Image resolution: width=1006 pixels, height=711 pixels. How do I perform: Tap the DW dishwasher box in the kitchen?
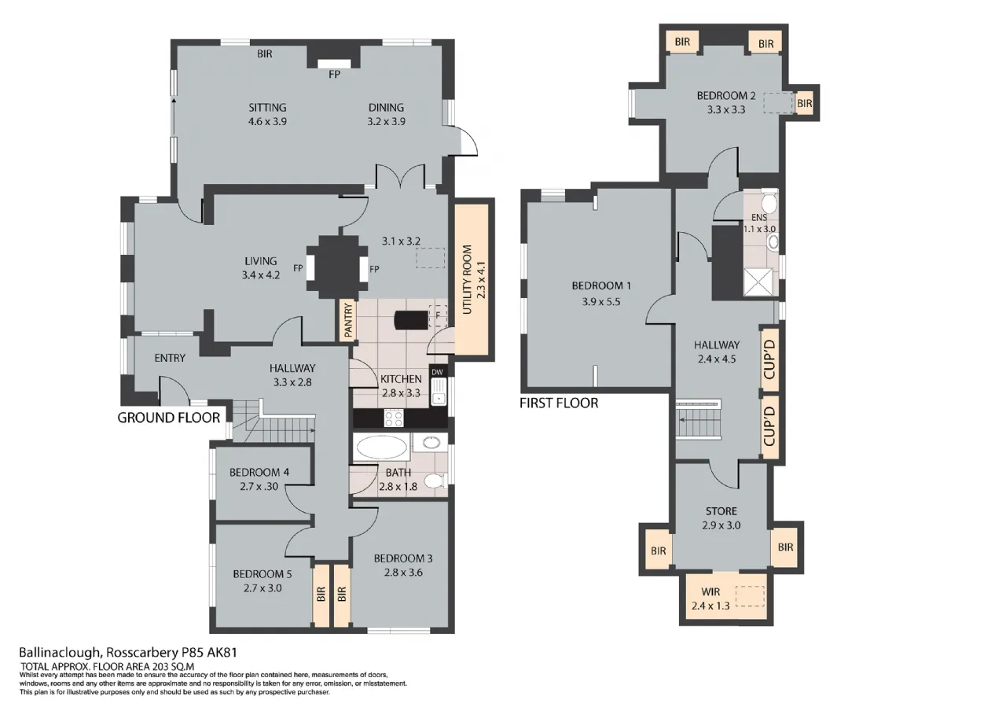(x=437, y=372)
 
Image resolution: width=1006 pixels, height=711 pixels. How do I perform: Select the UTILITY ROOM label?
(x=467, y=279)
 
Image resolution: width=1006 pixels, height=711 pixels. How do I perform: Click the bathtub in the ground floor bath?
(x=382, y=448)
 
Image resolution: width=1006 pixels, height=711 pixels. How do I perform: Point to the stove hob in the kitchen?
(x=394, y=418)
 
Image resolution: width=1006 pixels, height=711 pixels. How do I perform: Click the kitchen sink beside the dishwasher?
(x=438, y=391)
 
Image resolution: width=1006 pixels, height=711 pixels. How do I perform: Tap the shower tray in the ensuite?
(x=758, y=282)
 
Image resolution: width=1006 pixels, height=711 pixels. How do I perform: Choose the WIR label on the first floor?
(x=710, y=591)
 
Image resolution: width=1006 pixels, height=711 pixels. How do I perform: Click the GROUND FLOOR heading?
(x=169, y=418)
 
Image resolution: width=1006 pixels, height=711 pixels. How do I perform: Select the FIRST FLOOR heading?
(x=559, y=403)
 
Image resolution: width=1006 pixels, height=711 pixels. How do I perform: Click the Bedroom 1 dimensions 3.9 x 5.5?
(x=601, y=301)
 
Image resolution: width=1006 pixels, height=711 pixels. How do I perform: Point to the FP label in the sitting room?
(x=334, y=75)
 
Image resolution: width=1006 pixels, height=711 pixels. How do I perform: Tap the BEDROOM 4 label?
(x=259, y=473)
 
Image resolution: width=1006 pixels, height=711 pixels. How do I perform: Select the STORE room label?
(x=721, y=511)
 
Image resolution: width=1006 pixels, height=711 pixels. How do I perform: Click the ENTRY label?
(x=170, y=358)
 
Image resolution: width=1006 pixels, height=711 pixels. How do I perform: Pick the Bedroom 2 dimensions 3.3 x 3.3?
(x=726, y=109)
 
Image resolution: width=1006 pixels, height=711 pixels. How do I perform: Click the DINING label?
(x=386, y=108)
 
